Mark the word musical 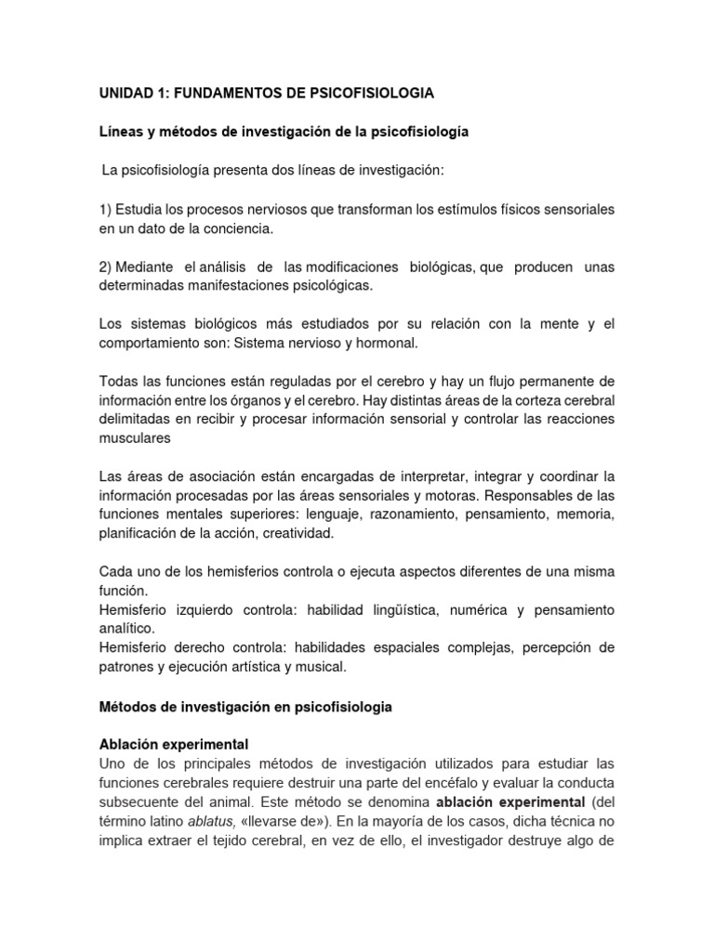(x=320, y=667)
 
